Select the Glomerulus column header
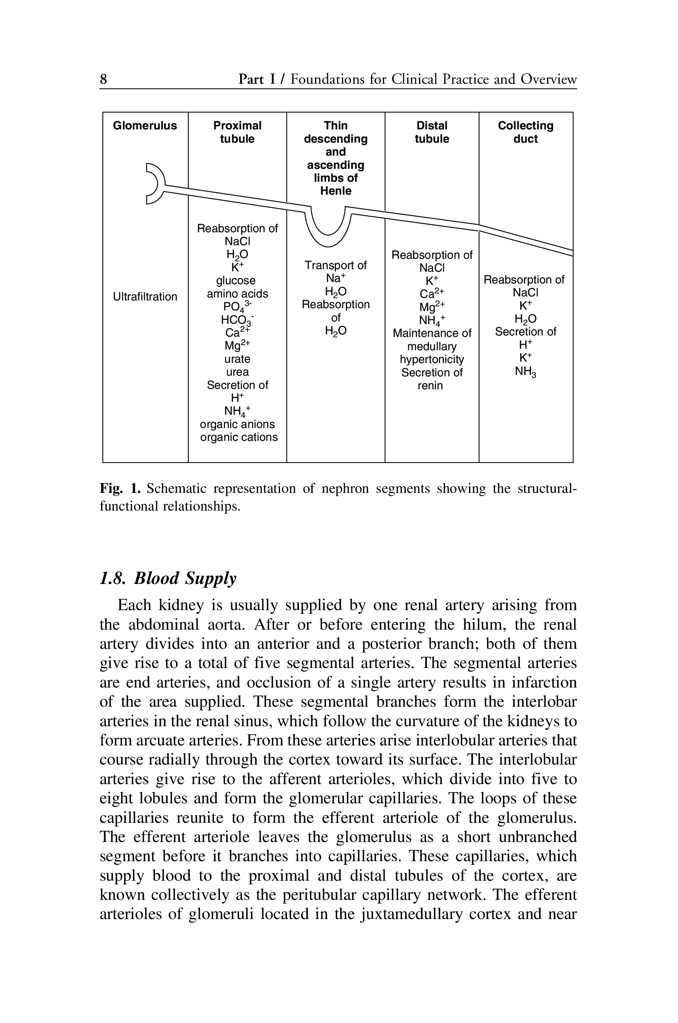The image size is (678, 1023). [145, 126]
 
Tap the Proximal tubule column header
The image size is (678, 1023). [238, 132]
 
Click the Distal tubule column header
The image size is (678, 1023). [432, 132]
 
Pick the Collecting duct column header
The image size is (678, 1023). [525, 132]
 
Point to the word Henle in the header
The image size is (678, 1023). [336, 191]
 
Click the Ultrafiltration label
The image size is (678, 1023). [145, 297]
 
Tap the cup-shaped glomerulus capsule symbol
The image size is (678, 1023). [155, 184]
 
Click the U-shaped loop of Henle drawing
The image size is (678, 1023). [329, 229]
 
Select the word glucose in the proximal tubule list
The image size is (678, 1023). [236, 281]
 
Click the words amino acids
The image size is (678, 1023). [238, 294]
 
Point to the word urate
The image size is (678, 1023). [238, 359]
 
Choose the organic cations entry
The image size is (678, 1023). [239, 437]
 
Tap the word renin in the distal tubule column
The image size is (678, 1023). [430, 385]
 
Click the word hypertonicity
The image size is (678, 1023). [432, 359]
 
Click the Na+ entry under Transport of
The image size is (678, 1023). [336, 278]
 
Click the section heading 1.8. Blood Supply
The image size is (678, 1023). [168, 578]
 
